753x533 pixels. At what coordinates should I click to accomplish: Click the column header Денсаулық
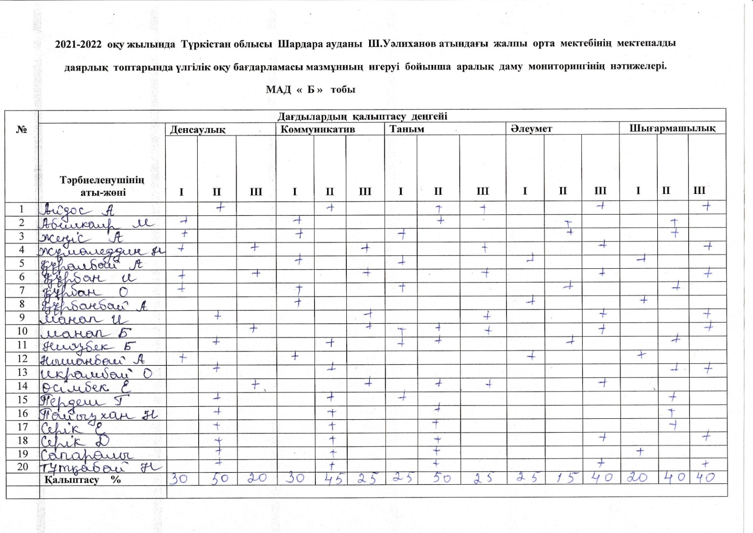[x=197, y=130]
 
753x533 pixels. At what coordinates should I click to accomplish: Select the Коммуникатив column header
[x=318, y=129]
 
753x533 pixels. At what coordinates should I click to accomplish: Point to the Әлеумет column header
[x=532, y=129]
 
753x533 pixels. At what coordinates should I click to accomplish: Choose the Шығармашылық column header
[x=672, y=129]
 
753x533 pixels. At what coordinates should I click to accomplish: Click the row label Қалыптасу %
[x=83, y=479]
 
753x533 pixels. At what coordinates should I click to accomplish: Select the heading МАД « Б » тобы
[x=311, y=89]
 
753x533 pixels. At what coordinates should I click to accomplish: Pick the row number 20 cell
[x=22, y=466]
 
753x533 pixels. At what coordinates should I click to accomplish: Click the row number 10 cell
[x=22, y=331]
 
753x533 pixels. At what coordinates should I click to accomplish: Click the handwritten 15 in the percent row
[x=563, y=478]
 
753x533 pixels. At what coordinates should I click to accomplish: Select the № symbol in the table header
[x=21, y=129]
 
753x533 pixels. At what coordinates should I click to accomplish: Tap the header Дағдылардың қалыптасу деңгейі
[x=362, y=116]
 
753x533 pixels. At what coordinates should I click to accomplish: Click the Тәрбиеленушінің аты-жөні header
[x=102, y=186]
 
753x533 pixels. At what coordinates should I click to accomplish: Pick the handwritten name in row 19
[x=87, y=454]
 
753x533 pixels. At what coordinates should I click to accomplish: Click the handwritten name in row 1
[x=79, y=209]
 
